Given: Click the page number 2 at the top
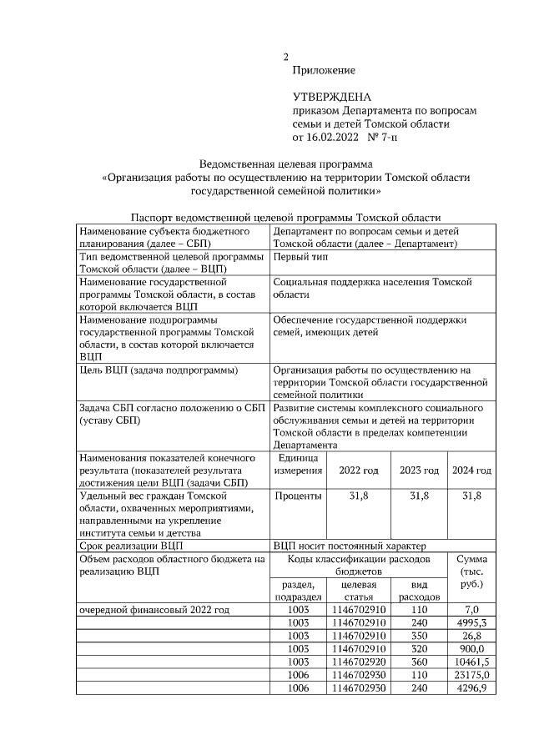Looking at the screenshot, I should click(285, 58).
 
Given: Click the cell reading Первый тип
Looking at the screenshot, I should click(300, 257).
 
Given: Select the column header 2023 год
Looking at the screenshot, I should click(419, 471).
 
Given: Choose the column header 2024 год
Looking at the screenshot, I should click(471, 471).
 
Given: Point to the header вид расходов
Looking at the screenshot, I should click(419, 591).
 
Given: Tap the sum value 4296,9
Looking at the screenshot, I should click(471, 687).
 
